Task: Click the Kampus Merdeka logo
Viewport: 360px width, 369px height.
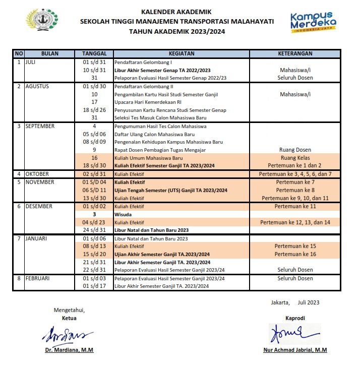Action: pyautogui.click(x=313, y=22)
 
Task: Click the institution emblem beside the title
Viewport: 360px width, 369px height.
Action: pyautogui.click(x=40, y=21)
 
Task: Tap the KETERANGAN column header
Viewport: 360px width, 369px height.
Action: pyautogui.click(x=295, y=53)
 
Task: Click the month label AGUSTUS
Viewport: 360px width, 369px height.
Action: pyautogui.click(x=37, y=86)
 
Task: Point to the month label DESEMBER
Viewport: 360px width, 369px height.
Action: pyautogui.click(x=38, y=206)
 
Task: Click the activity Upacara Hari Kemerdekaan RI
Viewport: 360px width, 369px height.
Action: pyautogui.click(x=144, y=102)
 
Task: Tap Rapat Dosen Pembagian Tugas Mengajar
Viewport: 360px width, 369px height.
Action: pyautogui.click(x=156, y=150)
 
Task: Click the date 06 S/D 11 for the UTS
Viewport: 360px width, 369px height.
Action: pyautogui.click(x=94, y=191)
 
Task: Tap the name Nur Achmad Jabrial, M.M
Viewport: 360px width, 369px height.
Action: pyautogui.click(x=295, y=350)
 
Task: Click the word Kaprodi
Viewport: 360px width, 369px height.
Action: pyautogui.click(x=295, y=318)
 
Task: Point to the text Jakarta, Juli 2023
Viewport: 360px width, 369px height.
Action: pyautogui.click(x=295, y=302)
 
